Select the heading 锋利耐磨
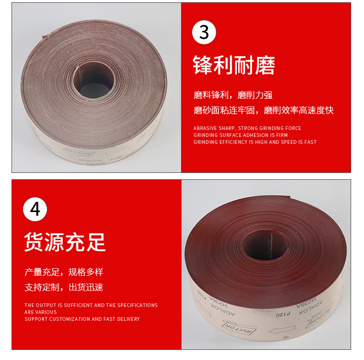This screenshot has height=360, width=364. pyautogui.click(x=234, y=65)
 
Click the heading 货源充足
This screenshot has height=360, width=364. pyautogui.click(x=65, y=242)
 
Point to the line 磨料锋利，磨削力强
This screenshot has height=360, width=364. pyautogui.click(x=233, y=95)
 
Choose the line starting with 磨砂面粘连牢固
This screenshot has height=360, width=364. pyautogui.click(x=263, y=110)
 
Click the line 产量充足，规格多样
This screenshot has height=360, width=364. pyautogui.click(x=64, y=271)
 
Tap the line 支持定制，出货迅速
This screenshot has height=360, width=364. pyautogui.click(x=64, y=287)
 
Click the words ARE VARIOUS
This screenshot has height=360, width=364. pyautogui.click(x=41, y=312)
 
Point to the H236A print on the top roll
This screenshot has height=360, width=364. pyautogui.click(x=97, y=164)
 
